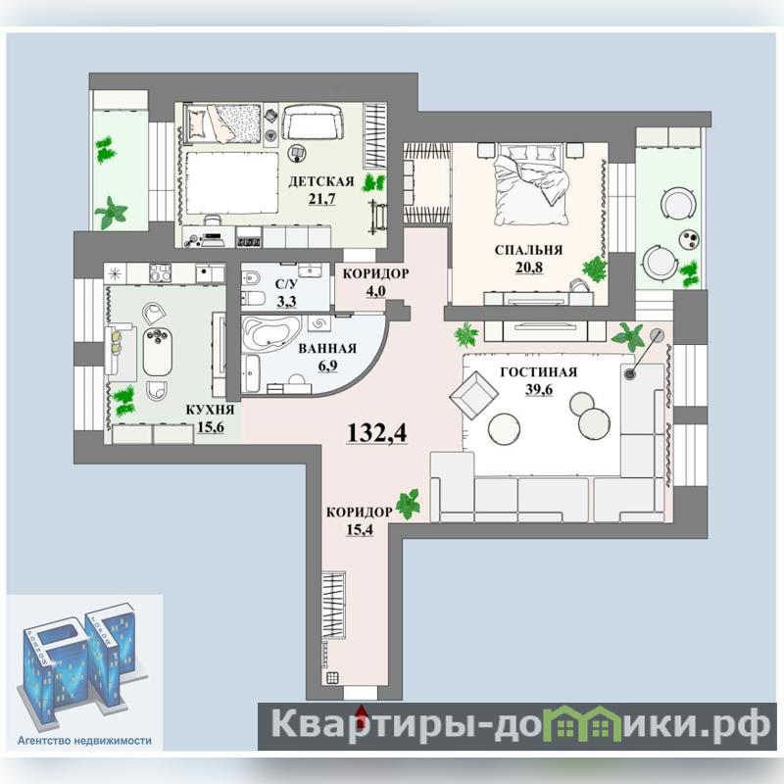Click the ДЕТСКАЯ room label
coord(321,181)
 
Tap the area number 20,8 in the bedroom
coord(529,268)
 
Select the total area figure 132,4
coord(377,432)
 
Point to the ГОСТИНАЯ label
coord(538,372)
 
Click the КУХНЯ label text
coord(210,410)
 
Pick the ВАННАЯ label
coord(327,348)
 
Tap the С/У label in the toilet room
coord(286,284)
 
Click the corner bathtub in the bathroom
coord(271,331)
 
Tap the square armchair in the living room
coord(473,396)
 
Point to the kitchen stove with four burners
coord(160,273)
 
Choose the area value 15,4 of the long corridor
coord(360,529)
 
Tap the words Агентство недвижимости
coord(84,740)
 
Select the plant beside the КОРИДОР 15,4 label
coord(408,504)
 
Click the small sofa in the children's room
coord(313,122)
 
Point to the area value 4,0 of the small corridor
coord(375,291)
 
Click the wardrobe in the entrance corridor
coord(333,605)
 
